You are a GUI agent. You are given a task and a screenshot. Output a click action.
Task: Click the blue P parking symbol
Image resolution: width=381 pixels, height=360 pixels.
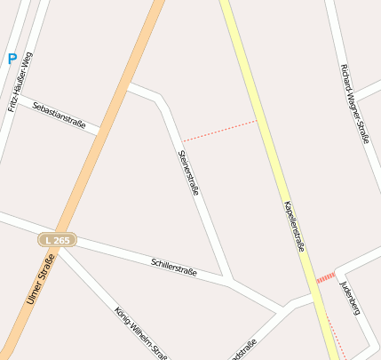click(12, 59)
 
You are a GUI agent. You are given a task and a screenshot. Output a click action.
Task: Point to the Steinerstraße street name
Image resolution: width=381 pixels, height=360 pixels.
click(188, 172)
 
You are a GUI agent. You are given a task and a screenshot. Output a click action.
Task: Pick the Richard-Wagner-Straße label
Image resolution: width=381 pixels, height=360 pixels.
click(353, 103)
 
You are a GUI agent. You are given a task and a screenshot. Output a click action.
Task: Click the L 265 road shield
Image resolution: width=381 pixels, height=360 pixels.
click(58, 240)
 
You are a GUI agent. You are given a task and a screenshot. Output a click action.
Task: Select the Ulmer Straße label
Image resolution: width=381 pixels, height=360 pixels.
click(41, 280)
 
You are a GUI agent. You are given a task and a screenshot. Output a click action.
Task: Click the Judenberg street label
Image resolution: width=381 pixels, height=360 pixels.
click(350, 297)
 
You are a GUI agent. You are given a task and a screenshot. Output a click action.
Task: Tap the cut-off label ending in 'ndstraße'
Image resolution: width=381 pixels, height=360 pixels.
click(242, 348)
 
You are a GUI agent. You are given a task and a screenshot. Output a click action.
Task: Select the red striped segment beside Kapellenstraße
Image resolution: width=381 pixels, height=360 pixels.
click(326, 276)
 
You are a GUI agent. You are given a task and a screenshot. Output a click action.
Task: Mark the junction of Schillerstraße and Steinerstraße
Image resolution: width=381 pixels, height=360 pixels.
click(230, 283)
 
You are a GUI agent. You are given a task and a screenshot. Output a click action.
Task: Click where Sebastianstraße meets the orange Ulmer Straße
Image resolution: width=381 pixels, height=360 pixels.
click(105, 133)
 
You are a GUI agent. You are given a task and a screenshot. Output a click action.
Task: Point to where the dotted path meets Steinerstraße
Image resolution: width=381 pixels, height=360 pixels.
click(182, 140)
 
